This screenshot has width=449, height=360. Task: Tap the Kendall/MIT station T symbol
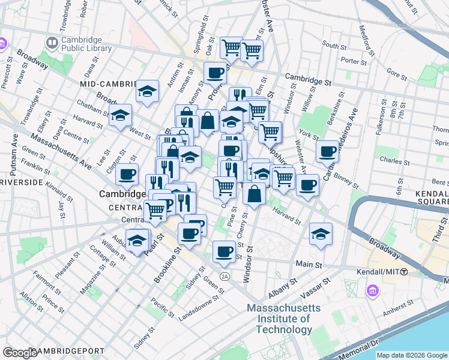(x=404, y=272)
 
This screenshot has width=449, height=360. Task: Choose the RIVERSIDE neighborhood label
(x=22, y=182)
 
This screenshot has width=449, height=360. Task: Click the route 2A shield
(x=225, y=276)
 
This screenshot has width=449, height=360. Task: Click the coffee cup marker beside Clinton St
(x=127, y=174)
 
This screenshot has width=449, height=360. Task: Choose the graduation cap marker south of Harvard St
(x=321, y=233)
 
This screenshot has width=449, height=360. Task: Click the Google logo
(x=20, y=352)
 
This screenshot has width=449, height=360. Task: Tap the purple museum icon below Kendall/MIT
(x=373, y=291)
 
